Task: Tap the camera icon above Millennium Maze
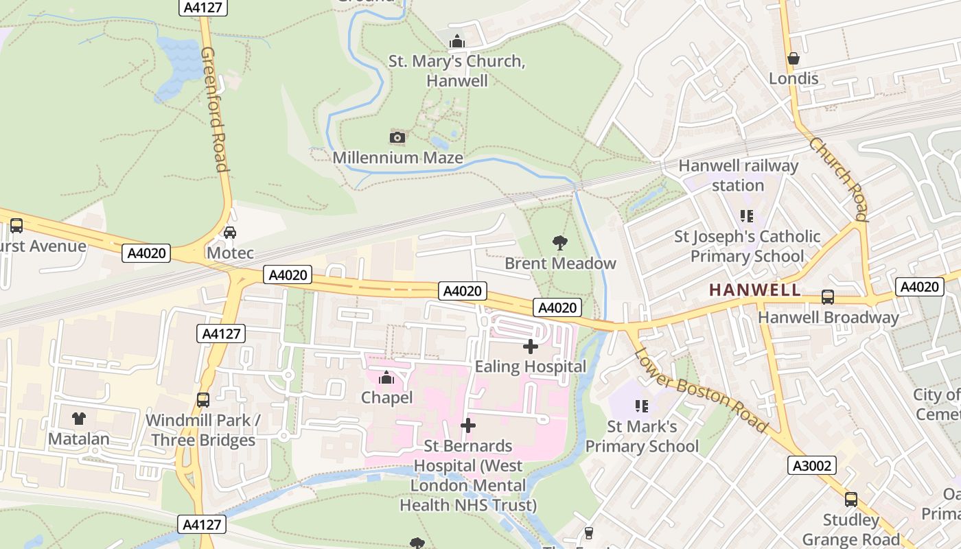[x=397, y=137]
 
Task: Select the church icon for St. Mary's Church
[x=457, y=41]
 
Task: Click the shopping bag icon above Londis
[x=794, y=58]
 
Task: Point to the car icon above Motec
[x=230, y=232]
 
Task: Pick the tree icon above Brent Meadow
[x=560, y=242]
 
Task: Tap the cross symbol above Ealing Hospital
[x=531, y=347]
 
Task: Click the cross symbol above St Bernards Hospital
[x=468, y=425]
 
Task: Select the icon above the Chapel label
[x=386, y=377]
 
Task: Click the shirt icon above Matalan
[x=79, y=418]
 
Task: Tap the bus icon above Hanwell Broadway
[x=828, y=297]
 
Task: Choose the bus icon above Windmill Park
[x=203, y=399]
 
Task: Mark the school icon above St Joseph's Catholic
[x=747, y=216]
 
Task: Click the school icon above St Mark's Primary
[x=642, y=406]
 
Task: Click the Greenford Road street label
[x=213, y=110]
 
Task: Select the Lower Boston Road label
[x=700, y=390]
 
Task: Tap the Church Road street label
[x=839, y=179]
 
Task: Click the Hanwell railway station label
[x=739, y=176]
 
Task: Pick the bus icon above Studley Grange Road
[x=851, y=499]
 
